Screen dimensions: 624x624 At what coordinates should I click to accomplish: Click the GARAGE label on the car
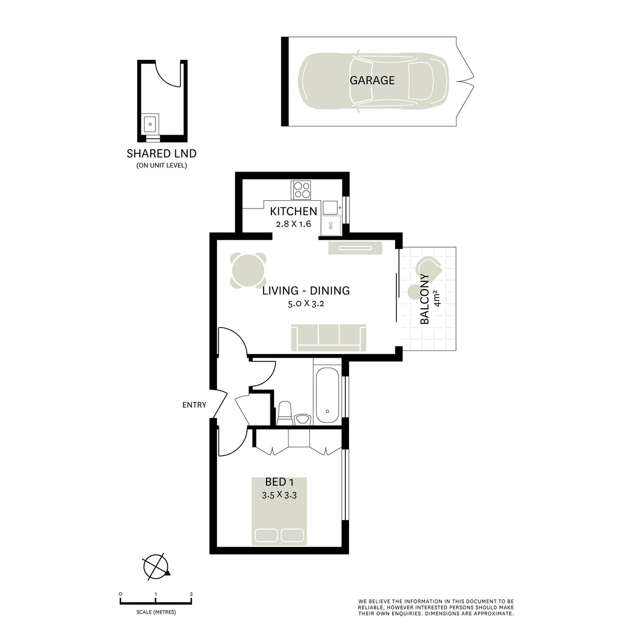tap(372, 80)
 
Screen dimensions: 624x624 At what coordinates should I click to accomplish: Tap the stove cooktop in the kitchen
tap(302, 189)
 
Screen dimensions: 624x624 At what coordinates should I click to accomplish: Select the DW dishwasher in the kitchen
tap(330, 225)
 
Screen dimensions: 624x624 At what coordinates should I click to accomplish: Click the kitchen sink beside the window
tap(330, 208)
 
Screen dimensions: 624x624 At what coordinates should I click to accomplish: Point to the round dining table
tap(249, 270)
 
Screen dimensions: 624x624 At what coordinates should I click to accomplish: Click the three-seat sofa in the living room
tap(329, 337)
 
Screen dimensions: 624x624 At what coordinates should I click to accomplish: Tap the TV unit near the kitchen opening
tap(356, 248)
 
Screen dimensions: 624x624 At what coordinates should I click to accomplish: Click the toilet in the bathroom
tap(284, 412)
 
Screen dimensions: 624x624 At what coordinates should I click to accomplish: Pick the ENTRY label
tap(194, 405)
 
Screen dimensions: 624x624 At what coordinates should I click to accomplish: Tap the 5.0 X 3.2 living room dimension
tap(306, 304)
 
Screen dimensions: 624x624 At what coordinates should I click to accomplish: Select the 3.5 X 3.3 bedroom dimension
tap(279, 496)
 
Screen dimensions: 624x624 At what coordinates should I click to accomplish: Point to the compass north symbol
tap(156, 565)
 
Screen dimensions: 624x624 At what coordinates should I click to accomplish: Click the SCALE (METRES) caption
tap(156, 612)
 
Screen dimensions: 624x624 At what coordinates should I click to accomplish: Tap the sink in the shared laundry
tap(150, 124)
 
